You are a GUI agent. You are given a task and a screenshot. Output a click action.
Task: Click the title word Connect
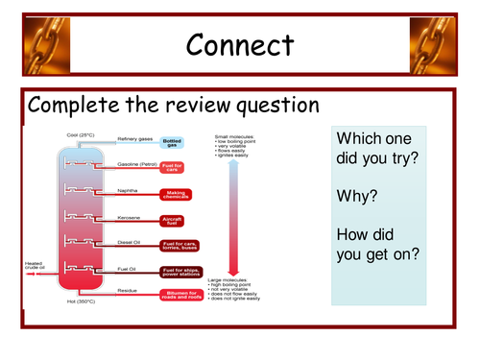click(x=240, y=45)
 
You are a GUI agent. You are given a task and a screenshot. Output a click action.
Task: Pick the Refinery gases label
click(x=133, y=140)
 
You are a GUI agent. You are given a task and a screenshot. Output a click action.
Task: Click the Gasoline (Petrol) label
click(x=136, y=165)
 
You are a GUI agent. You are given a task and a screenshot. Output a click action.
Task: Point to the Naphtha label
click(x=128, y=191)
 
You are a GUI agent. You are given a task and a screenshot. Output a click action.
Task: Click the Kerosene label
click(x=129, y=218)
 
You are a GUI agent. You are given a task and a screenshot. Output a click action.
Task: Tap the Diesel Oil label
click(x=131, y=244)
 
